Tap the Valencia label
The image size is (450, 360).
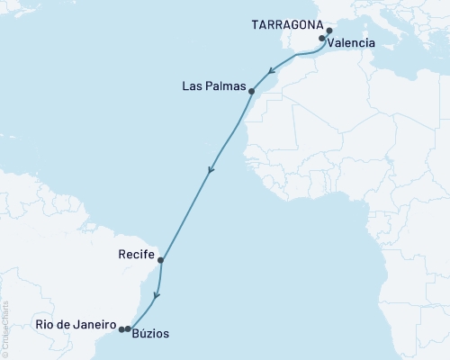point(352,42)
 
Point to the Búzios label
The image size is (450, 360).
point(149,333)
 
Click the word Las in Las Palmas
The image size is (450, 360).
point(192,86)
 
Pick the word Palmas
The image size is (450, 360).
point(225,86)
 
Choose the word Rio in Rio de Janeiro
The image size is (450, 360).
point(45,323)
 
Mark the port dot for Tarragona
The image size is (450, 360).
point(329,31)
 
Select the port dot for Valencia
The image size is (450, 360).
point(322,40)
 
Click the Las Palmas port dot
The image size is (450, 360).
point(251,91)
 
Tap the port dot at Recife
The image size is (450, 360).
point(160,261)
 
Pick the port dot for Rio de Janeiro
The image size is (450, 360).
point(121,329)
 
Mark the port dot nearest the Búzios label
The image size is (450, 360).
point(128,329)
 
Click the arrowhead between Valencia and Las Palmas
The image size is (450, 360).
point(272,69)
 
